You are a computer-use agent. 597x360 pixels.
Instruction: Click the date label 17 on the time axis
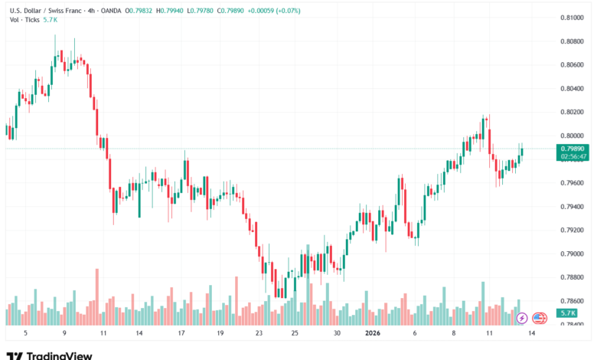click(181, 333)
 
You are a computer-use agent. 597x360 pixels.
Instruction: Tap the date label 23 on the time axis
click(259, 333)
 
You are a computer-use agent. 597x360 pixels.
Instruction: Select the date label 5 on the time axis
click(25, 333)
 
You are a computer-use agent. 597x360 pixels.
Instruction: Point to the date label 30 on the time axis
click(337, 333)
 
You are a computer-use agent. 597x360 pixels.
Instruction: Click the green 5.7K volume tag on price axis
click(567, 313)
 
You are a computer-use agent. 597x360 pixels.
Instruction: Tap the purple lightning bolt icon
click(522, 317)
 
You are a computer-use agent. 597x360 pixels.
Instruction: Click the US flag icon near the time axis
click(539, 317)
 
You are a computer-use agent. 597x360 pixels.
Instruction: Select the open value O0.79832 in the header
click(136, 11)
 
